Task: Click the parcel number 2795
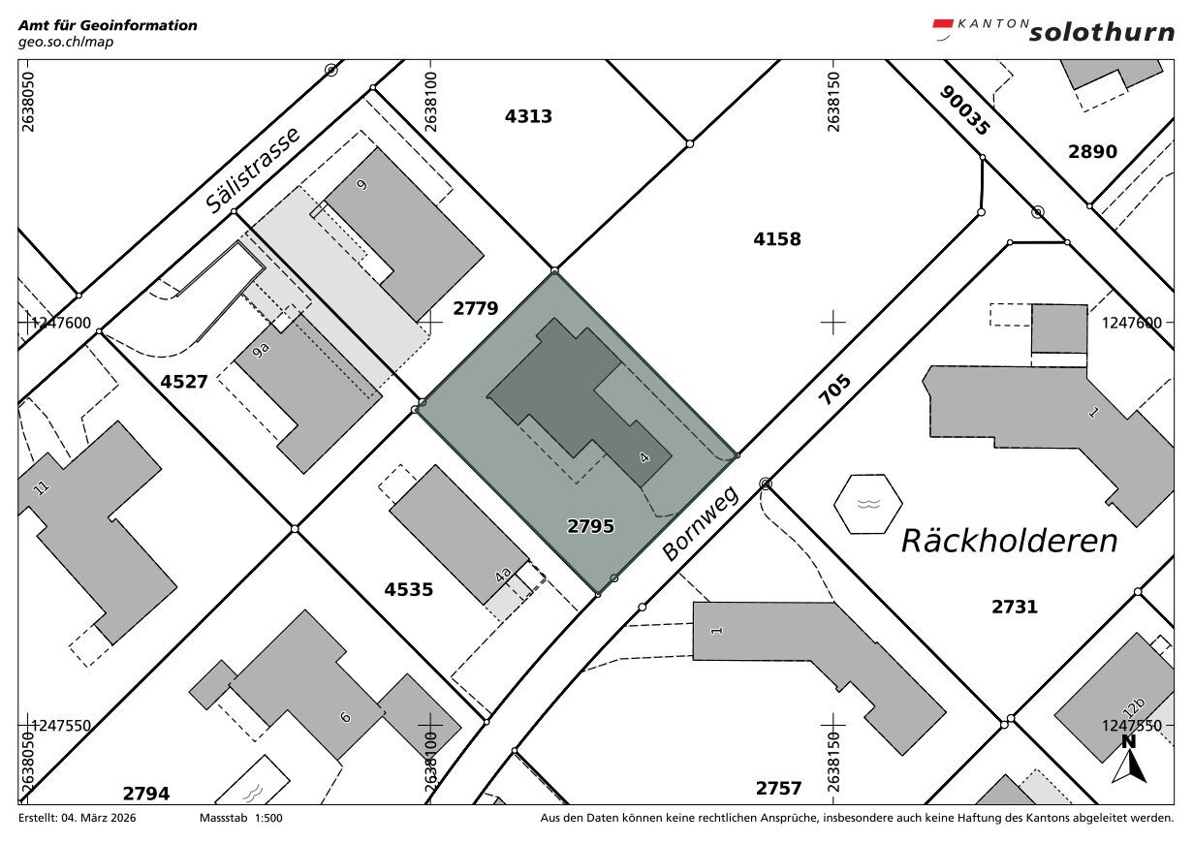590,526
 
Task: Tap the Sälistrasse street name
253,171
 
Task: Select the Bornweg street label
701,523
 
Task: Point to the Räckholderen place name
1009,541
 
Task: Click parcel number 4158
776,239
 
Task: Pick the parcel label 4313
528,116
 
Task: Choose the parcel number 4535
409,589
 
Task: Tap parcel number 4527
184,382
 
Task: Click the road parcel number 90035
964,110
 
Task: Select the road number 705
834,390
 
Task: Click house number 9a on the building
261,351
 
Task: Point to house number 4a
503,576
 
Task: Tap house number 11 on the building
41,487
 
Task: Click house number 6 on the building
346,717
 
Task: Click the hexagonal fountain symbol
868,504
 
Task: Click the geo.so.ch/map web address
66,42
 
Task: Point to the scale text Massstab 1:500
240,818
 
